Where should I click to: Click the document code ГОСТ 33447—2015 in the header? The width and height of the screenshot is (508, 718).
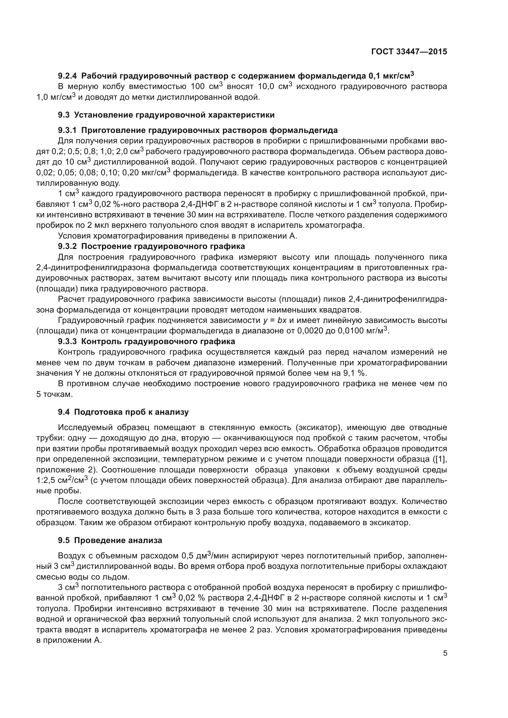coord(409,52)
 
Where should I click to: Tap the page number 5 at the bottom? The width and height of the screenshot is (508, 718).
coord(445,653)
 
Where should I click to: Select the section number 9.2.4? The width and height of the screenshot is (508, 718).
coord(68,76)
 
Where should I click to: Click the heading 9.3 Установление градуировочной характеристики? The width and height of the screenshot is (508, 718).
coord(166,115)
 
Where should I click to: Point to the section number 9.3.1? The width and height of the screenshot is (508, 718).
coord(68,130)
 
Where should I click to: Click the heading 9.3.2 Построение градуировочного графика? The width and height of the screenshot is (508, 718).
coord(151,246)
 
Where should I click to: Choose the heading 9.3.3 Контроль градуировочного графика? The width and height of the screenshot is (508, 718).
coord(147,341)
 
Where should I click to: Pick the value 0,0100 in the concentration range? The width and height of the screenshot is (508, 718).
coord(350,331)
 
